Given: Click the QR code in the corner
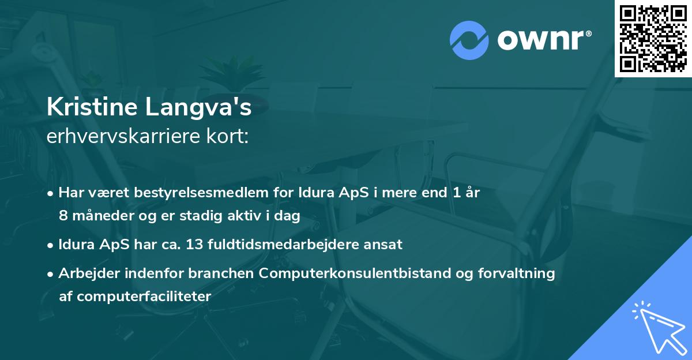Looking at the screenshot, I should pos(653,38).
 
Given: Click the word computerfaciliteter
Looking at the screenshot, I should pos(144,297).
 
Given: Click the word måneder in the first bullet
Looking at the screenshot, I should pos(99,216).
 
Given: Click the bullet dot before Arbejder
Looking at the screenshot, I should pos(51,274).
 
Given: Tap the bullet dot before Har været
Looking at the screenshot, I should pos(51,193).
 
